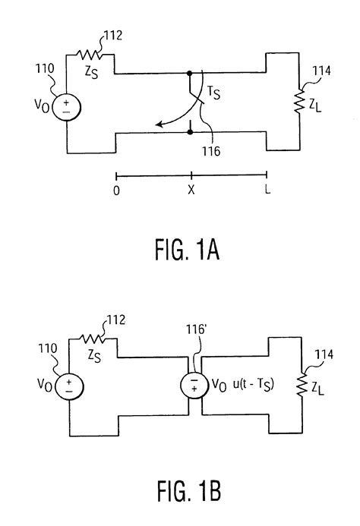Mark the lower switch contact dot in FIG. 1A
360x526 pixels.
click(x=189, y=132)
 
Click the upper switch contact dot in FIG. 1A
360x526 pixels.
click(x=189, y=74)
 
